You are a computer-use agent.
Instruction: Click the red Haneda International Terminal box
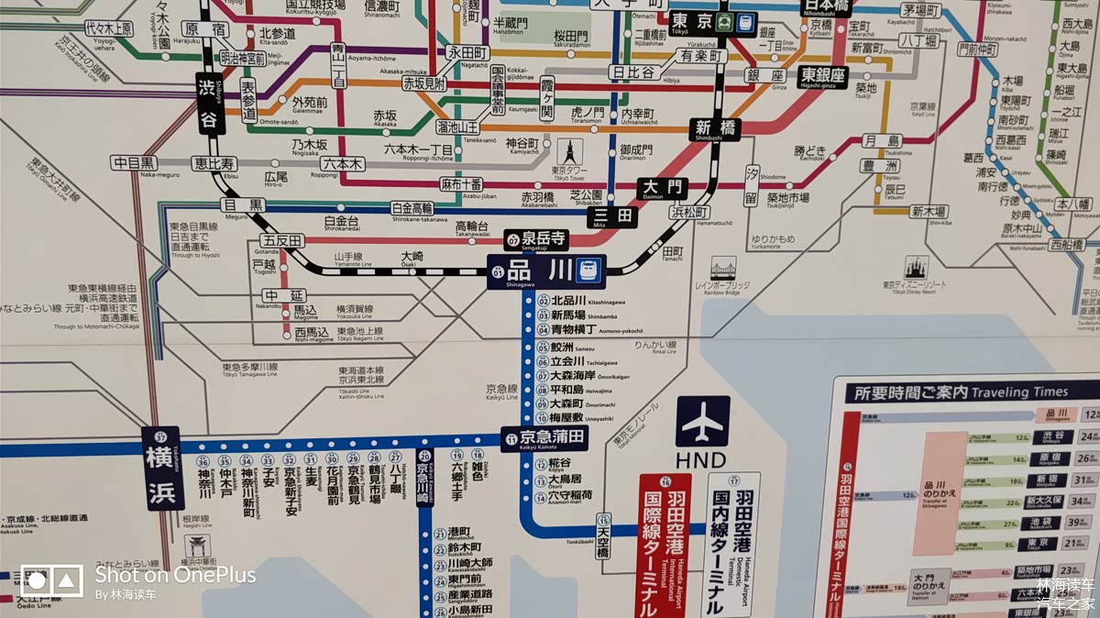[x=665, y=546]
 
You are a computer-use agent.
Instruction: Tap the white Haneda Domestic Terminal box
[x=731, y=546]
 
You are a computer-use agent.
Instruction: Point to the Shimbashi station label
[x=715, y=128]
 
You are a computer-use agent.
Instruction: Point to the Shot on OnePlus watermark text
[x=174, y=574]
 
